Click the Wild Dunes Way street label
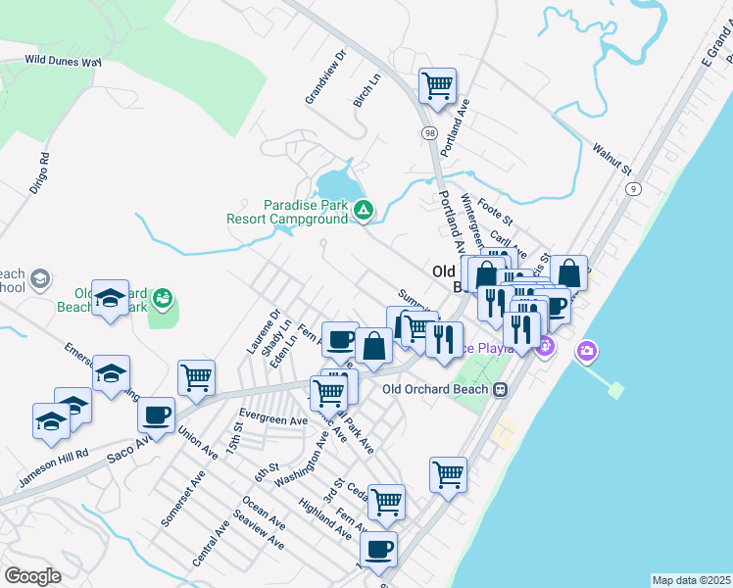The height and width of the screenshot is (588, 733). [64, 61]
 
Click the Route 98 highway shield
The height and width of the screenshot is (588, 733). [430, 132]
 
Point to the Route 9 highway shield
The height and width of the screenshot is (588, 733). [635, 188]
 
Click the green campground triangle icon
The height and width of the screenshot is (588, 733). [364, 209]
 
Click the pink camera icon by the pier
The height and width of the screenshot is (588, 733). [587, 350]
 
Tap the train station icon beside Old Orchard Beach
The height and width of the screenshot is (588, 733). [501, 389]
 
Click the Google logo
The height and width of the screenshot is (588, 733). [32, 576]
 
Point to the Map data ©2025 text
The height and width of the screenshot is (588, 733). [691, 580]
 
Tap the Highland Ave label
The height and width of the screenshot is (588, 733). [325, 519]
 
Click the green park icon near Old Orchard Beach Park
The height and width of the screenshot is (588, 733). [163, 297]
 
